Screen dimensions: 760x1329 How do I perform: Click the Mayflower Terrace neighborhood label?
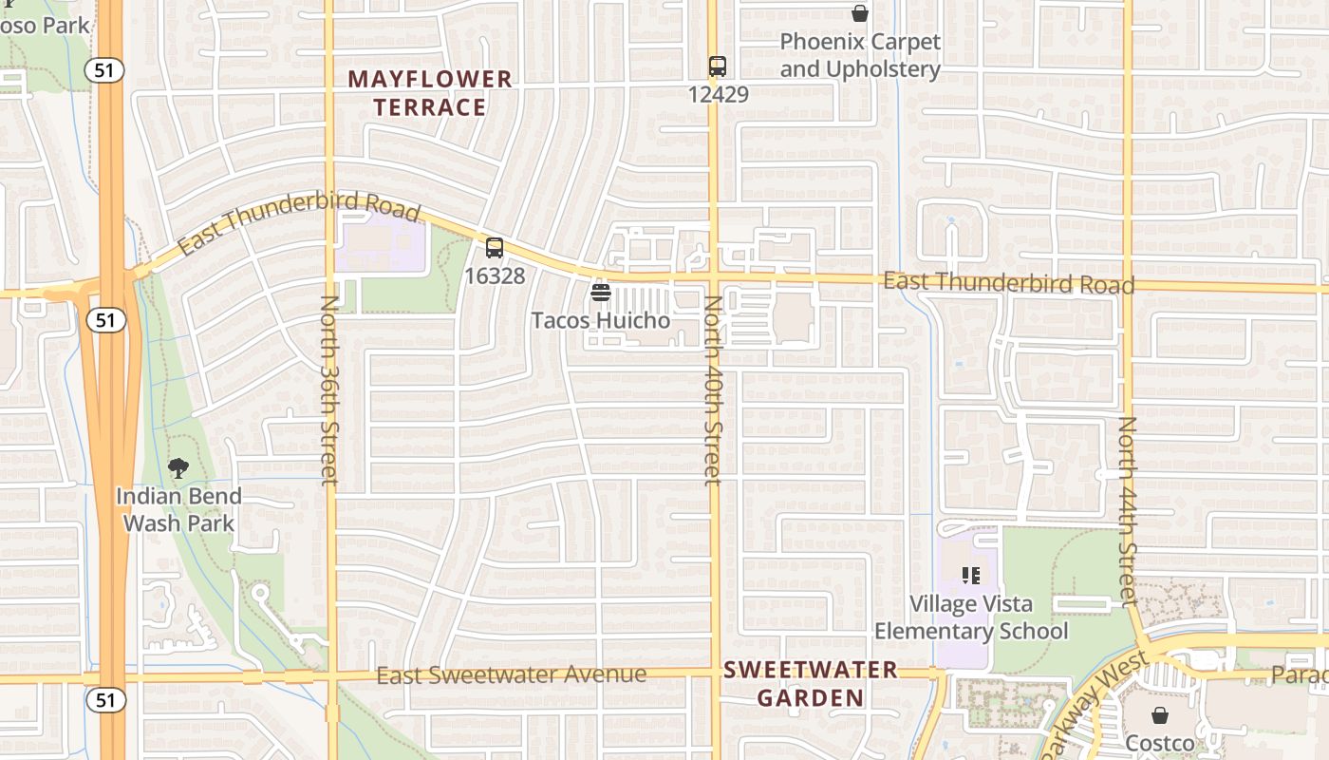coord(430,93)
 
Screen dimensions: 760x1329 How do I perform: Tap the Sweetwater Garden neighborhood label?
coord(811,684)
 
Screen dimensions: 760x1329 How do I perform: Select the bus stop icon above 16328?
coord(495,248)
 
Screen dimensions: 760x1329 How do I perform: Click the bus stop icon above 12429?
coord(718,66)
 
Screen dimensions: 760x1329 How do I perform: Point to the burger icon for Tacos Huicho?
coord(600,292)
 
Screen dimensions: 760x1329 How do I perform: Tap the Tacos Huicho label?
coord(600,320)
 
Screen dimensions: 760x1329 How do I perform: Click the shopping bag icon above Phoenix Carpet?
coord(860,13)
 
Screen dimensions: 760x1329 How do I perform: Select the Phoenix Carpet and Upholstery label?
coord(860,56)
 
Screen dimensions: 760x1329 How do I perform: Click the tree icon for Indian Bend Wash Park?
coord(178,467)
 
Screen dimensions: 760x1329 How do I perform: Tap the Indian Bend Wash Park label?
coord(179,509)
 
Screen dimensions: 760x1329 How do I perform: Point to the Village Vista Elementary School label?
coord(970,617)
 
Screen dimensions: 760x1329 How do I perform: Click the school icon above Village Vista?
coord(970,575)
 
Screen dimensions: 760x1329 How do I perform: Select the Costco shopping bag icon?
coord(1159,715)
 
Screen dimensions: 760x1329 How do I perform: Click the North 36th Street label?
coord(329,389)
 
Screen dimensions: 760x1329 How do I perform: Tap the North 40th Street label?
coord(713,389)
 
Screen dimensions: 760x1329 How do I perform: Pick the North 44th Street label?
coord(1127,511)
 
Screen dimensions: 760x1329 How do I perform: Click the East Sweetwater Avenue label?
coord(512,675)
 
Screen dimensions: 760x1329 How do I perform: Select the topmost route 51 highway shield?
coord(104,69)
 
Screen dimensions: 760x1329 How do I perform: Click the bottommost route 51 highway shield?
coord(104,700)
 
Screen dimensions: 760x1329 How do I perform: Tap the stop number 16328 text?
coord(495,275)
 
